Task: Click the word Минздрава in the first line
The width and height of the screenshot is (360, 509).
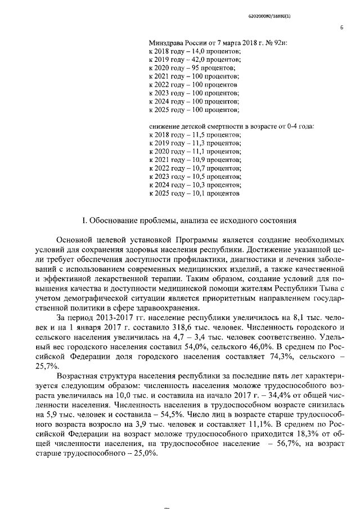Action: pyautogui.click(x=166, y=43)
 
